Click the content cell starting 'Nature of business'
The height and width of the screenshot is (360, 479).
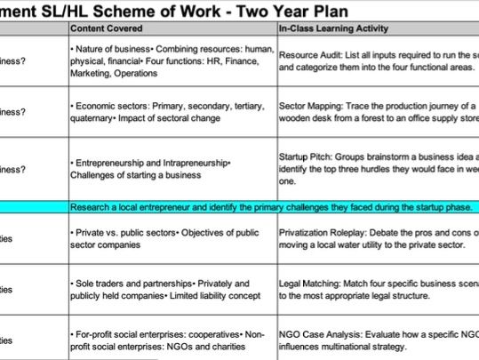171,60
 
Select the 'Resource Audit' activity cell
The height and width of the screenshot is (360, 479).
378,60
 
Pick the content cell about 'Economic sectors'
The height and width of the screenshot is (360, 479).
171,112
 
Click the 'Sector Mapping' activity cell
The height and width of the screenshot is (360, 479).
378,112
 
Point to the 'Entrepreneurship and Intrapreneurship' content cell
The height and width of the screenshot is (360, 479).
171,169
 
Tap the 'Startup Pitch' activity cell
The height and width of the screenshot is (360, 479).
378,169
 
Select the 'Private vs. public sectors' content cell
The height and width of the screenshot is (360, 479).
171,238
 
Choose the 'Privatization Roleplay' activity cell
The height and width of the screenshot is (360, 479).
378,238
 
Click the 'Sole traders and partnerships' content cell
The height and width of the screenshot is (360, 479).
171,288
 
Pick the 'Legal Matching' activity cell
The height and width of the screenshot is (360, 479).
378,288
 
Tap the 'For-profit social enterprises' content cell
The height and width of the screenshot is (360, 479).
171,339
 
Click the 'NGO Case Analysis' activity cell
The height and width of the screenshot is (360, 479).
378,339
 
